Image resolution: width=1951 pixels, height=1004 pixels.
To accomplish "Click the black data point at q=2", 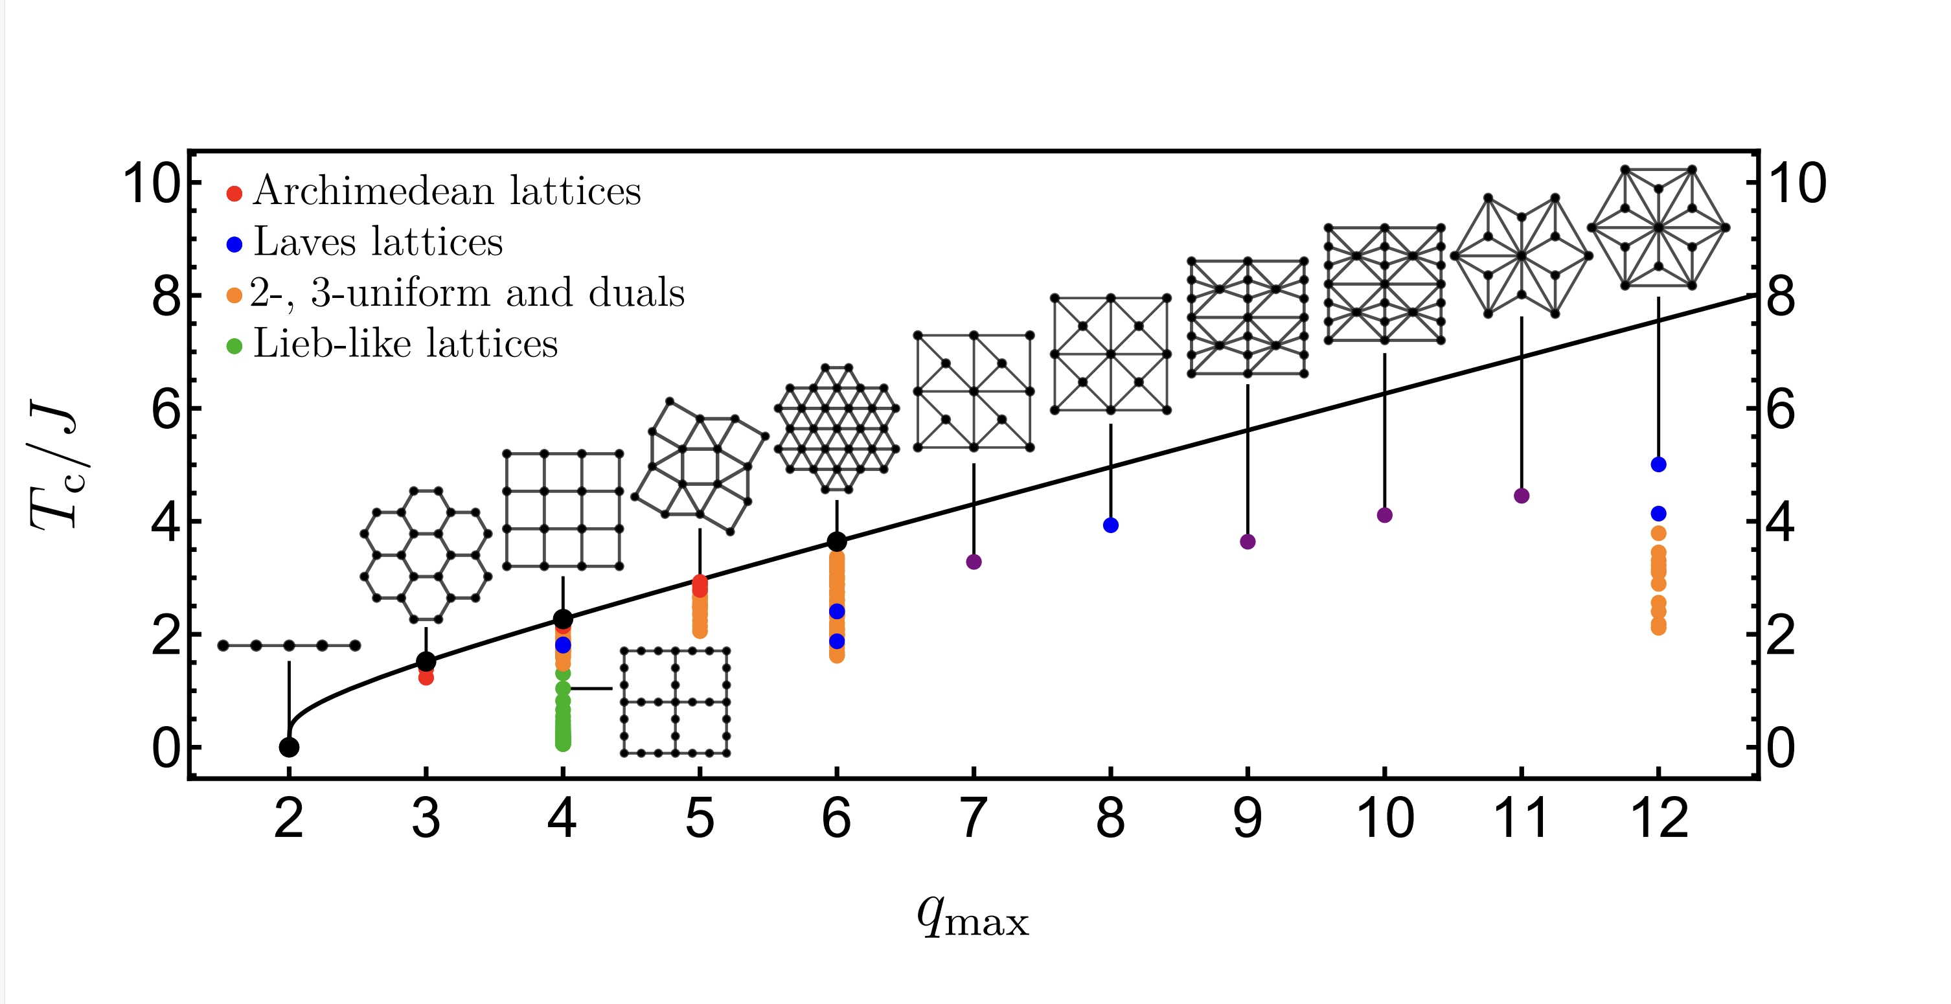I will tap(288, 747).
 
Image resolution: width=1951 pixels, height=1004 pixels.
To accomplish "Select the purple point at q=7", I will tap(974, 562).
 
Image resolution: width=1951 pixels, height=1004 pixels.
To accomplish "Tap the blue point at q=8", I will tap(1111, 525).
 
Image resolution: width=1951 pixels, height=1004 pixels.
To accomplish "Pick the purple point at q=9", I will tap(1248, 542).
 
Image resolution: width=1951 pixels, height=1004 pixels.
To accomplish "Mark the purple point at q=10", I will tap(1384, 516).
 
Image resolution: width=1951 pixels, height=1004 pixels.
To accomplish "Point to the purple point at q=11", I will tap(1522, 496).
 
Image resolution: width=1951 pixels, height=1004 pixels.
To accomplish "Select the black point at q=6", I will tap(837, 542).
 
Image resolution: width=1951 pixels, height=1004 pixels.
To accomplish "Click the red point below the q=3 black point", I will tap(426, 678).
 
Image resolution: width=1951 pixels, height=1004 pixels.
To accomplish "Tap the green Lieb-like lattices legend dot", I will tap(234, 347).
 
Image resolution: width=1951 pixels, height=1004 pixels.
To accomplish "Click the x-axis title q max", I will tap(972, 917).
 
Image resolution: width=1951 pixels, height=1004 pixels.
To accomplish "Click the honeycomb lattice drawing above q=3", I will tap(426, 556).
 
